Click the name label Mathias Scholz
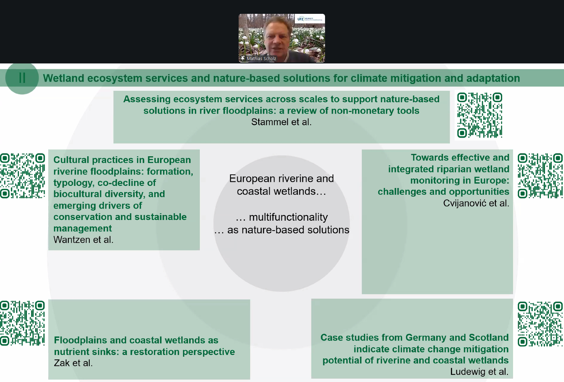click(x=261, y=59)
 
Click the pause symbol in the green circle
click(x=22, y=78)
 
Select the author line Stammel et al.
click(x=281, y=122)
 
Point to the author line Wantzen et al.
click(x=83, y=240)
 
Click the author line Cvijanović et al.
click(x=476, y=203)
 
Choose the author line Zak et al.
click(x=73, y=363)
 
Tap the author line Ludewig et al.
click(x=479, y=372)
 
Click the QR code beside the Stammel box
click(x=480, y=115)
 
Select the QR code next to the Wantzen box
click(x=23, y=176)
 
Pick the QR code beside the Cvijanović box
click(x=540, y=176)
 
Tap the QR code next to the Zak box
click(x=23, y=323)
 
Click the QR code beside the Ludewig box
click(x=540, y=324)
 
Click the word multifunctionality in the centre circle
click(x=288, y=217)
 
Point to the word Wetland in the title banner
click(x=63, y=78)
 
